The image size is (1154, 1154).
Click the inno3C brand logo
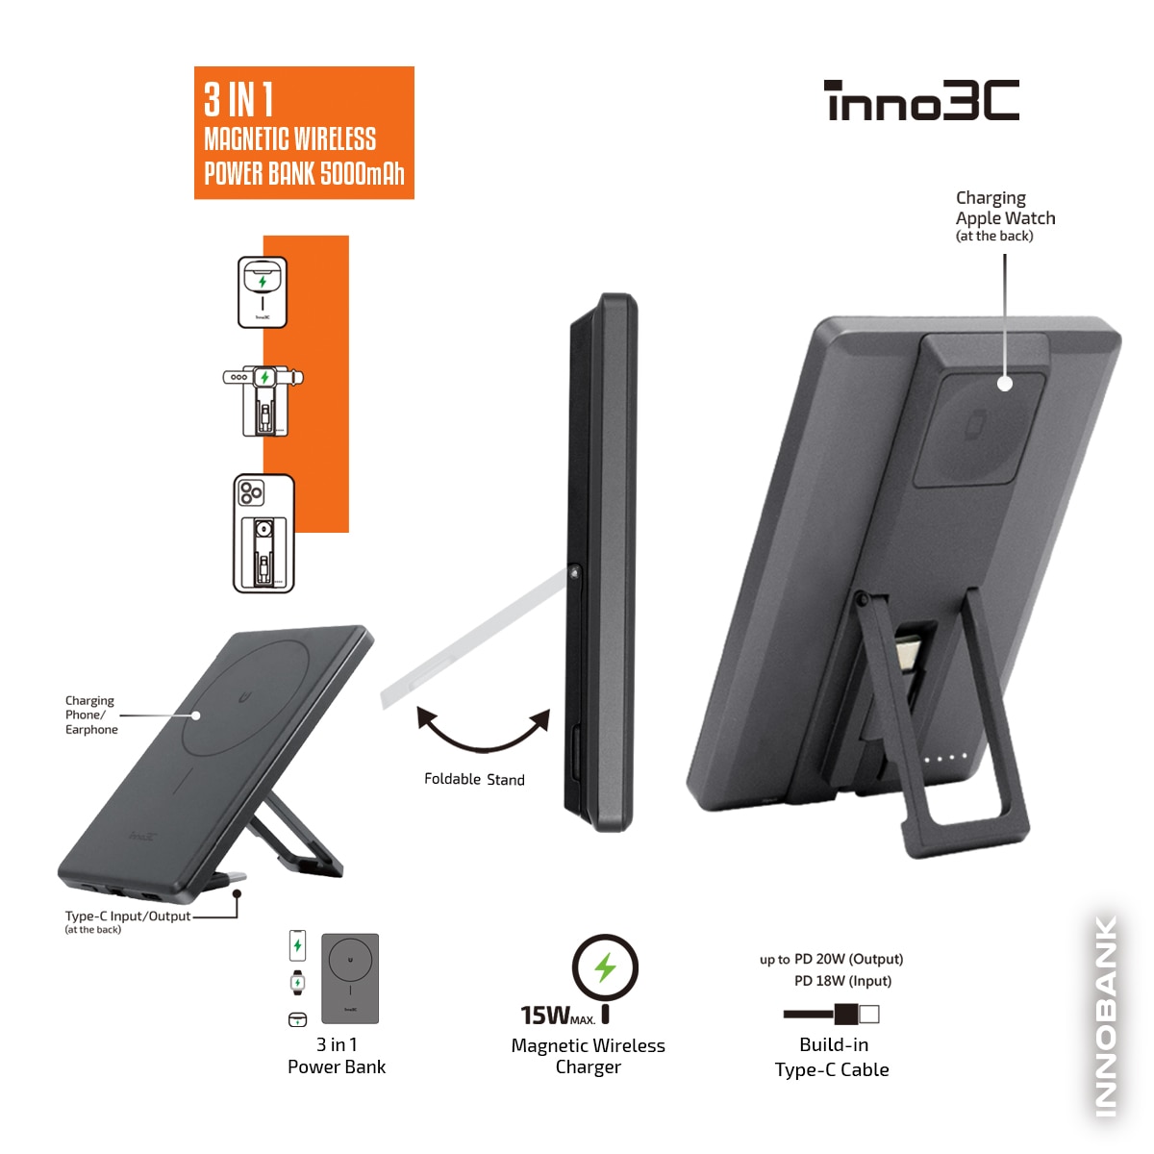pyautogui.click(x=921, y=100)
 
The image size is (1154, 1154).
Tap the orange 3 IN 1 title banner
pyautogui.click(x=304, y=133)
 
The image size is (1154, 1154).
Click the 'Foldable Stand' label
pyautogui.click(x=474, y=779)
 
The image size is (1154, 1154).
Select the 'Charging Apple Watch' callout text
pyautogui.click(x=1005, y=216)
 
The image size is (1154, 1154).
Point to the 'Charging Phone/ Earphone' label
pyautogui.click(x=91, y=715)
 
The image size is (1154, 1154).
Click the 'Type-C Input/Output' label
pyautogui.click(x=128, y=916)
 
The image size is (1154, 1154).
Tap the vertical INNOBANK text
pyautogui.click(x=1106, y=1016)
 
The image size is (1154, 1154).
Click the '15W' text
pyautogui.click(x=545, y=1016)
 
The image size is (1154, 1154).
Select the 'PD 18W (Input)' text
pyautogui.click(x=842, y=981)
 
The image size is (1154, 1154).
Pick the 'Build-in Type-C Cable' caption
pyautogui.click(x=832, y=1057)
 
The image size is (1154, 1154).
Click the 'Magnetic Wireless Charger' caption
pyautogui.click(x=589, y=1056)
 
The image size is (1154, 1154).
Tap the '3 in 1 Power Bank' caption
pyautogui.click(x=337, y=1056)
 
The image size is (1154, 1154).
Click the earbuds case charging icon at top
pyautogui.click(x=263, y=292)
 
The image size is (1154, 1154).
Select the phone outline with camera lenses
pyautogui.click(x=263, y=534)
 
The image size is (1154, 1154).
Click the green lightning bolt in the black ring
pyautogui.click(x=605, y=967)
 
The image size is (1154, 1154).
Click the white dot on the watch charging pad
pyautogui.click(x=1005, y=384)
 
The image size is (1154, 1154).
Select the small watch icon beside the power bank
pyautogui.click(x=297, y=983)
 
